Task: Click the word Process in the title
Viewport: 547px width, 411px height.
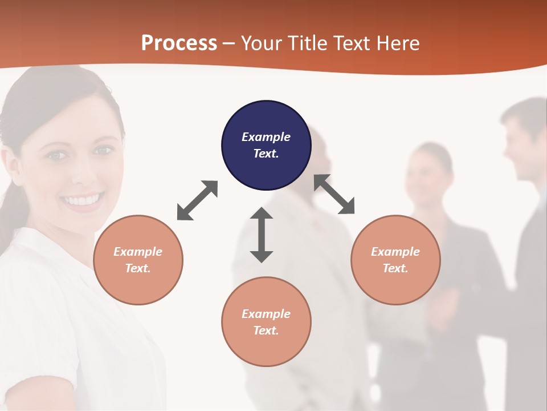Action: coord(179,43)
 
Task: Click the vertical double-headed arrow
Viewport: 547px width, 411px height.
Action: coord(262,235)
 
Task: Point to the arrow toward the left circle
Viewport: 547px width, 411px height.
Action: coord(197,200)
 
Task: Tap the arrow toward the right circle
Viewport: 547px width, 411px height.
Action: coord(334,194)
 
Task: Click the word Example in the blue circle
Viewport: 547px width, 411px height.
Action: coord(266,137)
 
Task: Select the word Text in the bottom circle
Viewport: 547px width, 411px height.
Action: coord(265,331)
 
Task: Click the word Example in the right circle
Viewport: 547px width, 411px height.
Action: coord(395,252)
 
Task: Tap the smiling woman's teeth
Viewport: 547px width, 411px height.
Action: coord(83,200)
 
